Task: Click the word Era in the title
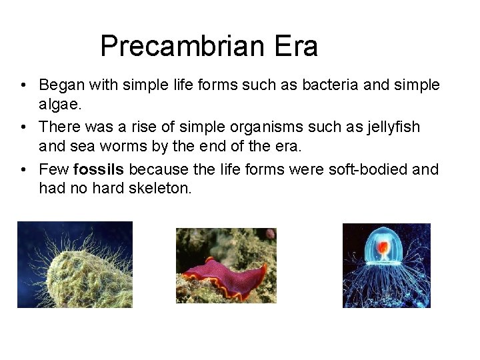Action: [295, 47]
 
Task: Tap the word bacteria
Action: [324, 85]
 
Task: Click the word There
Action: [59, 127]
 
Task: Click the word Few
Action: [54, 169]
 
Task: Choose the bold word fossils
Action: [99, 169]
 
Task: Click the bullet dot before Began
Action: [23, 86]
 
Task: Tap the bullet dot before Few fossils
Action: [23, 169]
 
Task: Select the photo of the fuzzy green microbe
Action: [75, 265]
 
